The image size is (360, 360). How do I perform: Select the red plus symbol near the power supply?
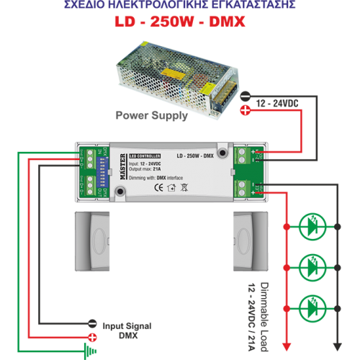pos(246,110)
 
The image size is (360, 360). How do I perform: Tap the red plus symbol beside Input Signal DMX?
pos(92,337)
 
